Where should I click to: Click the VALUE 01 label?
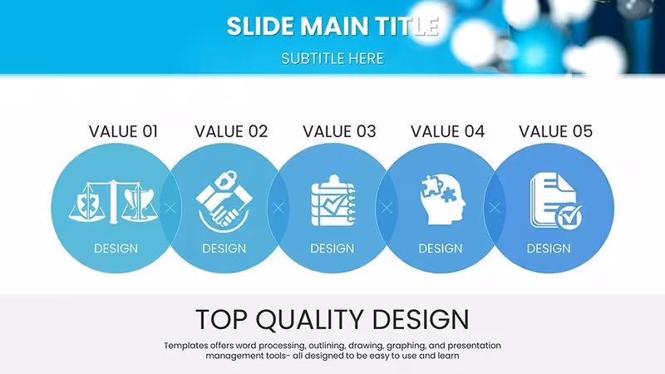(123, 131)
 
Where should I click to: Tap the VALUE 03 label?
(339, 131)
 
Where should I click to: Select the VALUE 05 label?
(555, 131)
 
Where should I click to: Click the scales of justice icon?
(113, 202)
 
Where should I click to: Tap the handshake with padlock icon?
(224, 201)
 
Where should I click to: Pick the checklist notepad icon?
(333, 200)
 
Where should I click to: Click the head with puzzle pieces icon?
(442, 199)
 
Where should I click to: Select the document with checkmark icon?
(555, 201)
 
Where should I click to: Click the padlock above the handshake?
(224, 180)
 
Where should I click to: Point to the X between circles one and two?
(170, 208)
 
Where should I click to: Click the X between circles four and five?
(495, 208)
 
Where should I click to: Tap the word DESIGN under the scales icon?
(116, 249)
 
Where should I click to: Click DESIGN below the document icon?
(549, 249)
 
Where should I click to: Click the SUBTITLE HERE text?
(332, 58)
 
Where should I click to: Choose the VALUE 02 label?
(231, 131)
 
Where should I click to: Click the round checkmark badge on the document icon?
(569, 218)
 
